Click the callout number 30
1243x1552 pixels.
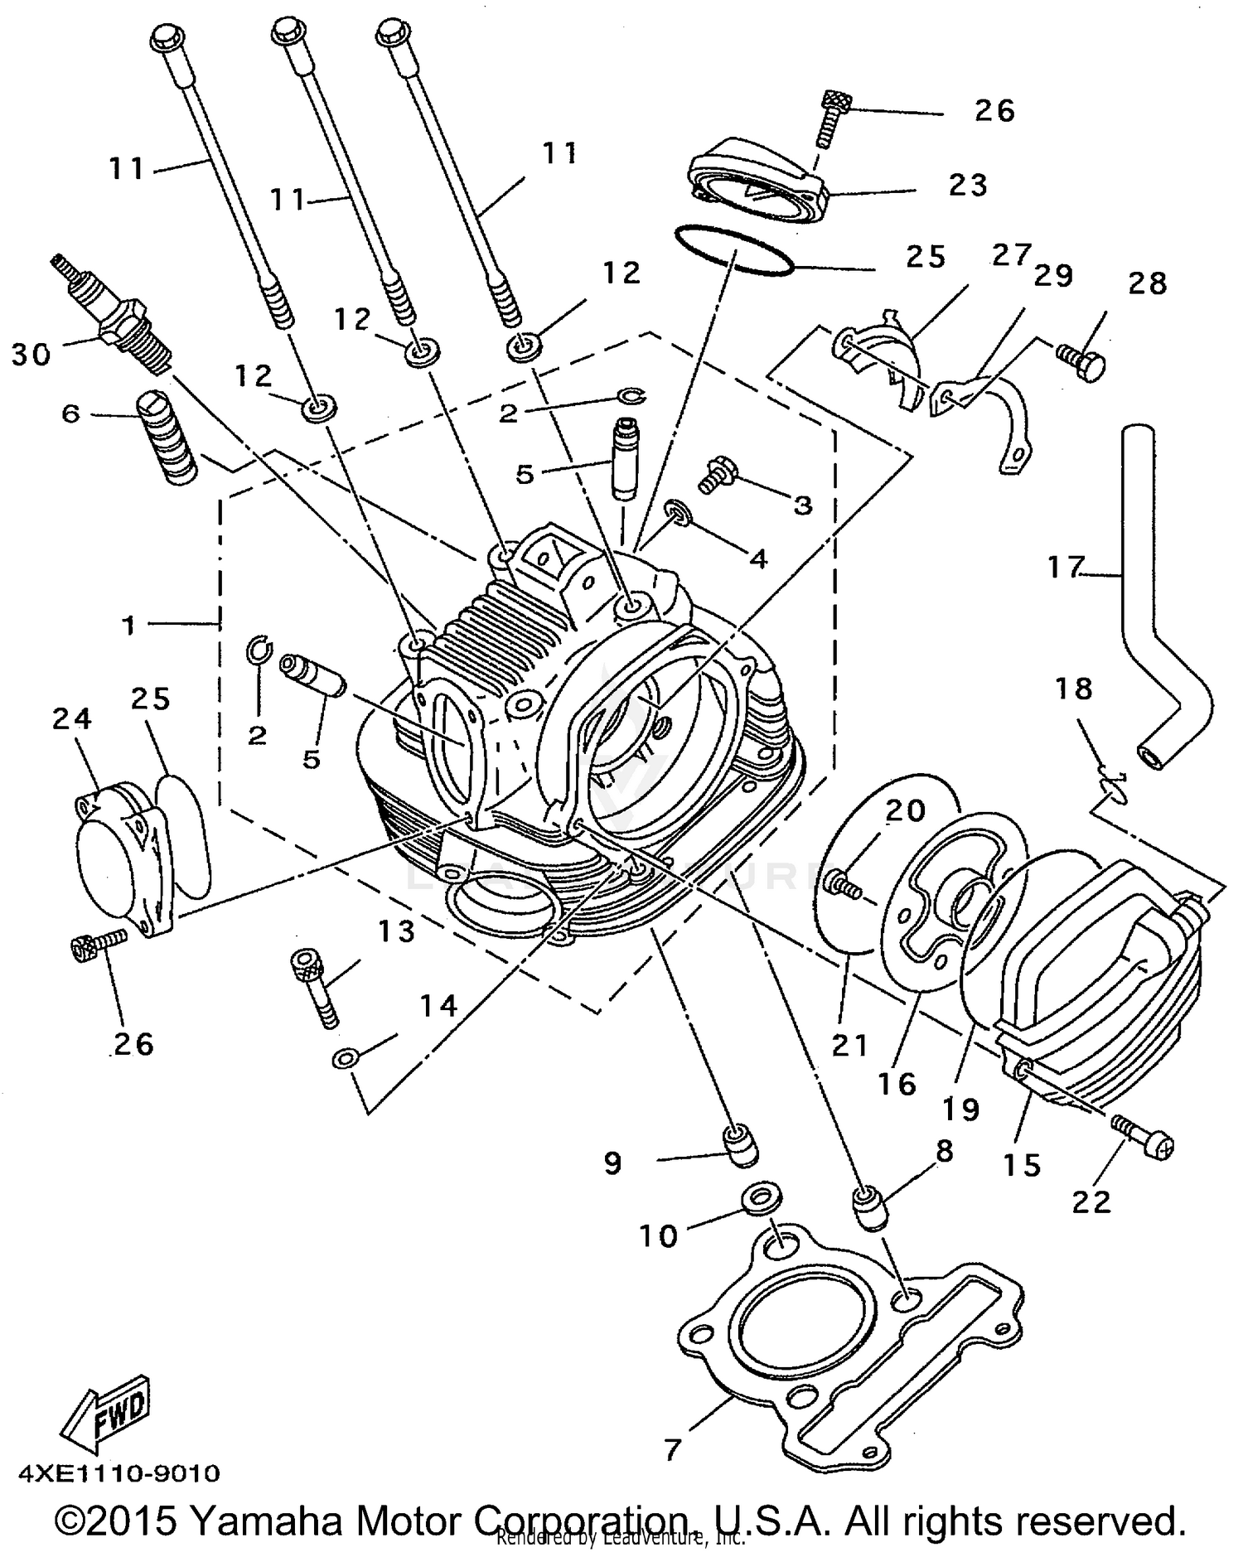(31, 355)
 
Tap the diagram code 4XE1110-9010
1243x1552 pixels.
(119, 1472)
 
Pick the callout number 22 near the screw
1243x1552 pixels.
(1091, 1201)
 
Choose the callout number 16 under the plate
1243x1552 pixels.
(897, 1084)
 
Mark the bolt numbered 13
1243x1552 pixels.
(316, 989)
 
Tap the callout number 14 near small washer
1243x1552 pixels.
(438, 1006)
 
